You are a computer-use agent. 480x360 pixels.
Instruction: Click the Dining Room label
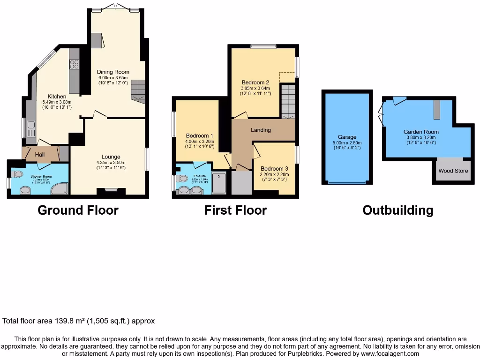pos(113,72)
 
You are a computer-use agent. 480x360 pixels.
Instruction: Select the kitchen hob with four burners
pos(74,64)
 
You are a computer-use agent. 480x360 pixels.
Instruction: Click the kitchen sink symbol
pos(31,125)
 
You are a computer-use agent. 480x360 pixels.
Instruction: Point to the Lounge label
pos(111,157)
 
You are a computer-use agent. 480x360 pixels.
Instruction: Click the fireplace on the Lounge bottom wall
pos(111,190)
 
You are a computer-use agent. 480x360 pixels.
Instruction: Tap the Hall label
pos(39,154)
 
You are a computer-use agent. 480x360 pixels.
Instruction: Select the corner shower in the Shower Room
pos(62,188)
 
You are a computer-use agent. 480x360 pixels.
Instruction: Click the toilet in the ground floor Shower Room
pos(17,174)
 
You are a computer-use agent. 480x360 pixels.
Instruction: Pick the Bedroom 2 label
pos(255,82)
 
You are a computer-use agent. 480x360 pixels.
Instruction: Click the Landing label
pos(261,130)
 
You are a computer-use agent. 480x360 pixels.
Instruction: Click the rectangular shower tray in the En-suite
pos(219,183)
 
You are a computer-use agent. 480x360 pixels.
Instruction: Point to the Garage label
pos(347,137)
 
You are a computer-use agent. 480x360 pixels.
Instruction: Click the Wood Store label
pos(453,171)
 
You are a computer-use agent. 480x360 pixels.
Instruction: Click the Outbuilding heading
pos(397,210)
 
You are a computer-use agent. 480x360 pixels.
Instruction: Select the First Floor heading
pos(235,210)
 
